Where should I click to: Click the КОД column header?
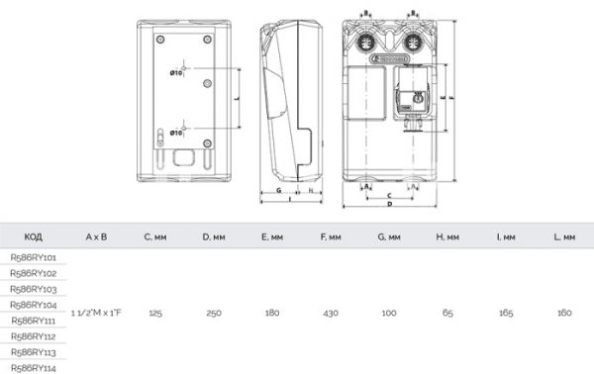[x=32, y=237]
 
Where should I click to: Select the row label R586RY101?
[x=32, y=256]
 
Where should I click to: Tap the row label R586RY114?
[x=32, y=367]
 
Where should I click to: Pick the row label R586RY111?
[x=32, y=320]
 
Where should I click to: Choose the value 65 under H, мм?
[x=447, y=312]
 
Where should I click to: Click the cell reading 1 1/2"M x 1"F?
[x=96, y=312]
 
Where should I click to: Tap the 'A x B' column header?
[x=96, y=237]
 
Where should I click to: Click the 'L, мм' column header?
[x=564, y=237]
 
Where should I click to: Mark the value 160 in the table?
[x=564, y=312]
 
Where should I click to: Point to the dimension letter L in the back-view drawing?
[x=236, y=100]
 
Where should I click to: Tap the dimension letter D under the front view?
[x=390, y=204]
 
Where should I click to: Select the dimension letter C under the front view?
[x=390, y=195]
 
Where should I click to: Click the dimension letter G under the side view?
[x=279, y=188]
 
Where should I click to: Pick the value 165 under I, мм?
[x=506, y=312]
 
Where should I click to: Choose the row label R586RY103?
[x=32, y=288]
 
